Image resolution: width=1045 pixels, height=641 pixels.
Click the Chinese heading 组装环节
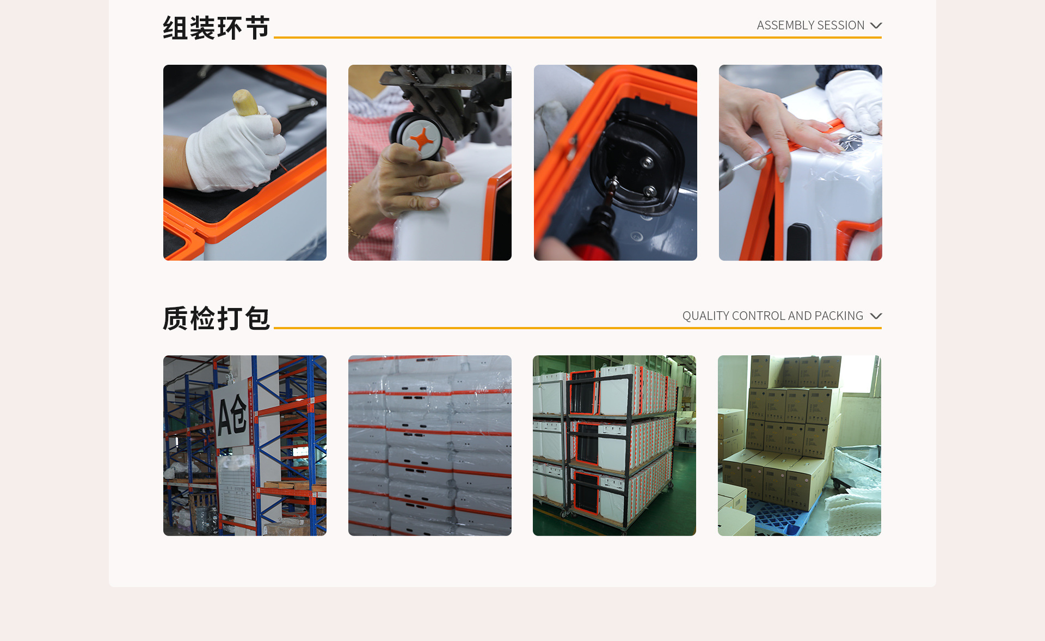coord(216,28)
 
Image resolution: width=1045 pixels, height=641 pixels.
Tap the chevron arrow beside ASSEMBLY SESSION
coord(876,26)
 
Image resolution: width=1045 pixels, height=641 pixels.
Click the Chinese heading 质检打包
coord(216,318)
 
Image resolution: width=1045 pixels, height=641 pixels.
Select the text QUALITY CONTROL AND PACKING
coord(772,316)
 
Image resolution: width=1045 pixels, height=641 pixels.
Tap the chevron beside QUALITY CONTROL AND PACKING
coord(876,316)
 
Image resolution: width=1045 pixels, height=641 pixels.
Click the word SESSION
coord(844,26)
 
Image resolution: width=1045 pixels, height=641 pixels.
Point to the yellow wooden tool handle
coord(247,103)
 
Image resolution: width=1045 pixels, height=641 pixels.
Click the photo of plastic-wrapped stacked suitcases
coord(430,446)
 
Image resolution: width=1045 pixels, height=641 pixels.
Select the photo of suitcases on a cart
coord(614,446)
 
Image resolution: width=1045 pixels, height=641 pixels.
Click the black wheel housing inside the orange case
coord(634,163)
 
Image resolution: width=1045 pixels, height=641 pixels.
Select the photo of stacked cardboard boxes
coord(800,446)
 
